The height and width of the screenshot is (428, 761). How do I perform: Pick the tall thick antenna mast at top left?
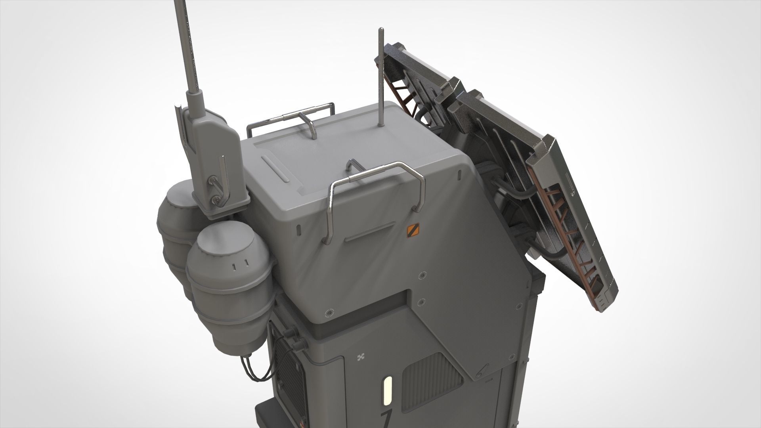[190, 48]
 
